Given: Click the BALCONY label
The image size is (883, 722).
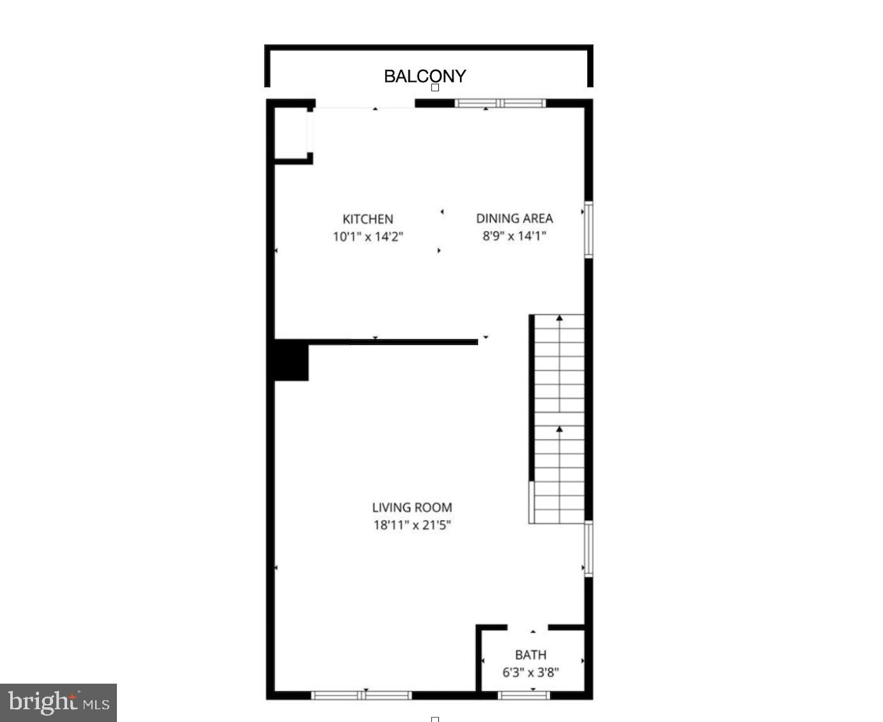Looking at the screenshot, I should click(425, 76).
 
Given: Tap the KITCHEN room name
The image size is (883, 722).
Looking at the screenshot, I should click(367, 219).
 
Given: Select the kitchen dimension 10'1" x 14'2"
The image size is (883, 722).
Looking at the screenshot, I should click(367, 236).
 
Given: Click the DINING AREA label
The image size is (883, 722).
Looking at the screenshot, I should click(514, 219).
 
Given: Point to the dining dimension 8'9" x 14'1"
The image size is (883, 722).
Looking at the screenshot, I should click(514, 236).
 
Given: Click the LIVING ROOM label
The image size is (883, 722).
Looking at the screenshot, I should click(412, 507).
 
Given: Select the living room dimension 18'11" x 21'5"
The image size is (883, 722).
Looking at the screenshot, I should click(412, 525).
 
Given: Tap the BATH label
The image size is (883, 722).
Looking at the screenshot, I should click(530, 654).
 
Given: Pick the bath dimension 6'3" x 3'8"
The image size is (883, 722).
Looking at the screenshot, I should click(530, 672).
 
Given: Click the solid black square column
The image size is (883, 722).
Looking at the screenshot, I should click(291, 362).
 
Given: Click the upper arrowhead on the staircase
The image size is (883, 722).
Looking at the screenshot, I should click(560, 318).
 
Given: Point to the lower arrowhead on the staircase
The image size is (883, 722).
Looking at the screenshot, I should click(560, 429).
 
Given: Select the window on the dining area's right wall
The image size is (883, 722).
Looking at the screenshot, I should click(588, 229).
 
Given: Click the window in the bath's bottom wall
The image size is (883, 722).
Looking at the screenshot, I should click(523, 695).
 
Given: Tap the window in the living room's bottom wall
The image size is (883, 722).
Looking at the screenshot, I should click(361, 695).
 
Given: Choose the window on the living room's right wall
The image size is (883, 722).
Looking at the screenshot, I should click(588, 549).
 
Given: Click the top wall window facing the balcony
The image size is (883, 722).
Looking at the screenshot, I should click(500, 103).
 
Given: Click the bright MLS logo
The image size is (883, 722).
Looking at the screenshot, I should click(58, 703).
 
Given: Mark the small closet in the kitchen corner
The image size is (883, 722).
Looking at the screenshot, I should click(291, 132).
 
